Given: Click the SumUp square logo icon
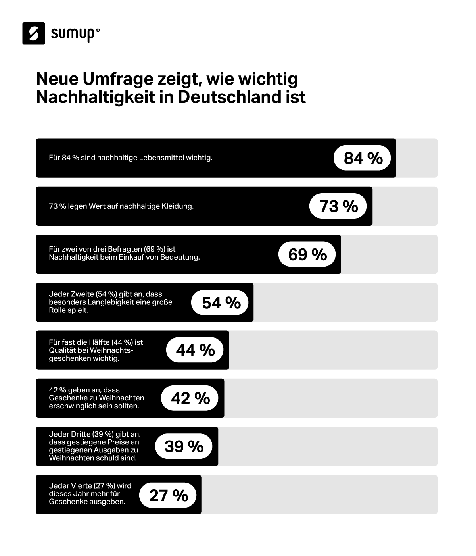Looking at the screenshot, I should coord(34,33).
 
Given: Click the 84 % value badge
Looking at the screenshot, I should coord(363,158).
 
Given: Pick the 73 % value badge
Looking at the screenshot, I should coord(338,206).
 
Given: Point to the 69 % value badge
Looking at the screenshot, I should coord(307,254).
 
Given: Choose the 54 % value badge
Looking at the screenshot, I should coord(221,303).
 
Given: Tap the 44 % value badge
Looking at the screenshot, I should coord(195,350).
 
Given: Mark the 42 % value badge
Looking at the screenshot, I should coord(190,398).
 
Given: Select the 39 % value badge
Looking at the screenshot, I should coord(184,446).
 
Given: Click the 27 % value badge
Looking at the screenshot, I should coord(168,495).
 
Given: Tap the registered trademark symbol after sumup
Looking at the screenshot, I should coord(98,30).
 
